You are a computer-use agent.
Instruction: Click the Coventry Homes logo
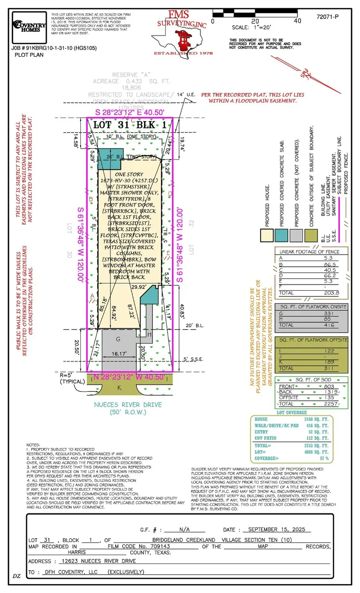coord(29,27)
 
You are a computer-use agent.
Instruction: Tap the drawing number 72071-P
coord(327,17)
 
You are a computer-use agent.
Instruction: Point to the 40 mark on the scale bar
coord(297,21)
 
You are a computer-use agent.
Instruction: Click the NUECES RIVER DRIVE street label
coord(128,405)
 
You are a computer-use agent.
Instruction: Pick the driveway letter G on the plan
coord(118,339)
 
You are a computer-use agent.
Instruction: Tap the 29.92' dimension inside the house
coord(138,287)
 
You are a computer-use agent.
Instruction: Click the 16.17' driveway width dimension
coord(119,354)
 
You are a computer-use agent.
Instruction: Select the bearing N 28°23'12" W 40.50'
coord(129,377)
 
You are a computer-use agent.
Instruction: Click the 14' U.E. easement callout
coord(186,95)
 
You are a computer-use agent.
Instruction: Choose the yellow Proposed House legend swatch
coord(267,235)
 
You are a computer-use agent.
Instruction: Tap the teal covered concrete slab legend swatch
coord(282,235)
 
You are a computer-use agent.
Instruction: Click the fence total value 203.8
coord(331,293)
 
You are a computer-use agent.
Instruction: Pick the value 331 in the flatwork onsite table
coord(329,313)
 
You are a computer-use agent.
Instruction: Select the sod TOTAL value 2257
coord(330,404)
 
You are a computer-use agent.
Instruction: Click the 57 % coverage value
coord(324,458)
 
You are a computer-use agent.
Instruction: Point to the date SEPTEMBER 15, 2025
coord(276,529)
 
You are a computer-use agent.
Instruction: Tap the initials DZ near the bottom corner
coord(16,576)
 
